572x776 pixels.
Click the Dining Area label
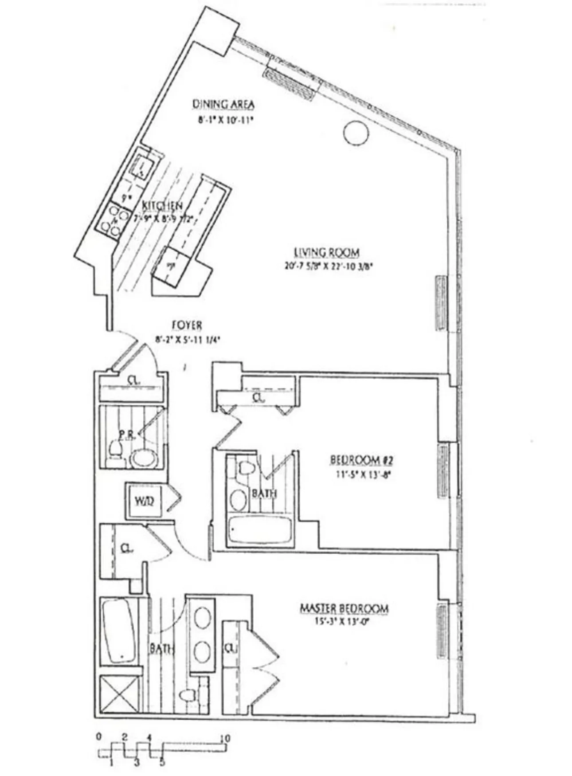pos(223,104)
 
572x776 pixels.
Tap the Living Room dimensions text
pos(327,267)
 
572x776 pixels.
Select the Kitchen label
pos(162,206)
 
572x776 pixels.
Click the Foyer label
pos(187,325)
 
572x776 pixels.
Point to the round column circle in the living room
pos(356,133)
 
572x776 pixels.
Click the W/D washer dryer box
pos(144,502)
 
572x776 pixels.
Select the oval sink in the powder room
pos(143,458)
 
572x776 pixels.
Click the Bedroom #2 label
pos(361,460)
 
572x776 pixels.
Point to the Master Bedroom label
pos(344,608)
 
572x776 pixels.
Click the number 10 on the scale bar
pos(225,738)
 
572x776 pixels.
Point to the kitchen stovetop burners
pos(110,220)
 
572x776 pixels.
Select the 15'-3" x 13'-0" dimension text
pos(342,621)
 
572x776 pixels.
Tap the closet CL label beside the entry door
pos(132,380)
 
